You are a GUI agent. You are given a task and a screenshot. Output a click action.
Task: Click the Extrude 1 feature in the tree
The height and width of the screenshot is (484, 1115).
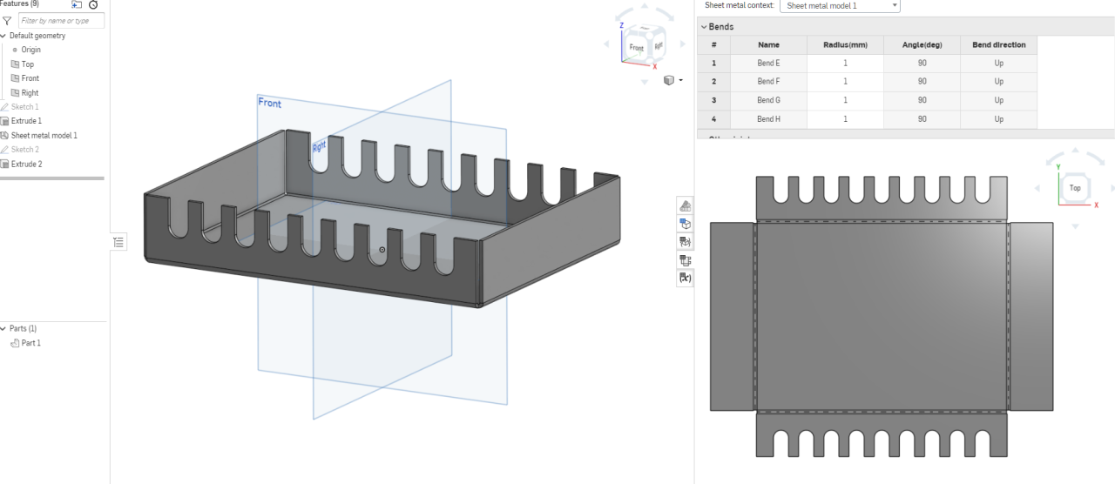[x=26, y=121]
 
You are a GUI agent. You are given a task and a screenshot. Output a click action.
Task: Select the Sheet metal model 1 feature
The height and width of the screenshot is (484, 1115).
[x=44, y=136]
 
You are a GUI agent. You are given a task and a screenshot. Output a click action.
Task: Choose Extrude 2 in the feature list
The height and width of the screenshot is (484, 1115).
[x=26, y=164]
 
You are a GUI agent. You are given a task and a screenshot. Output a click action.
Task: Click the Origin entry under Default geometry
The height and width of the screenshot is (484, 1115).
[x=30, y=50]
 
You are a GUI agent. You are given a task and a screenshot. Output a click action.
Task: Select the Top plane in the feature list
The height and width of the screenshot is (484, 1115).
[x=28, y=64]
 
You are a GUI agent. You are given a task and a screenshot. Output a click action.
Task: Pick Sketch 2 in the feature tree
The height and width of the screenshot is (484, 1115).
[x=24, y=150]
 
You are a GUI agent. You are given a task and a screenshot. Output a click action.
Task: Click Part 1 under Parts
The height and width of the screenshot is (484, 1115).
[x=30, y=343]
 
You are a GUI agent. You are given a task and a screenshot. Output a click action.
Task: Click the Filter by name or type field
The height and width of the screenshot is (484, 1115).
[x=61, y=20]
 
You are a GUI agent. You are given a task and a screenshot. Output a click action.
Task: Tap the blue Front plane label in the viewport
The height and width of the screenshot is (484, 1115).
[x=270, y=103]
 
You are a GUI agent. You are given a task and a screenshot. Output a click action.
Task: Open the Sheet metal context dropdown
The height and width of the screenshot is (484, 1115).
[x=840, y=6]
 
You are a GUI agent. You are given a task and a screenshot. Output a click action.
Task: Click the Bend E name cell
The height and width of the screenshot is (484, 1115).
[x=768, y=64]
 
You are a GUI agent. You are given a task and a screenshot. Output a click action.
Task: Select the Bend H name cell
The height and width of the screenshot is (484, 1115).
[x=768, y=119]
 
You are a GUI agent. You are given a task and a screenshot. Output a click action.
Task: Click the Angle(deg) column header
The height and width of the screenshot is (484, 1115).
[x=922, y=44]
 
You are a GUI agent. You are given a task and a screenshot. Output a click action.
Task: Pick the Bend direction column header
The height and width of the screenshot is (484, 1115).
[x=998, y=44]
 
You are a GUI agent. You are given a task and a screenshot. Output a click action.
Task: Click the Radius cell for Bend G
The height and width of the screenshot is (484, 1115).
[x=845, y=100]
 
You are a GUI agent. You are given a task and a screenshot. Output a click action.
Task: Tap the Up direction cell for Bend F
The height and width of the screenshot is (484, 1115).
[x=998, y=82]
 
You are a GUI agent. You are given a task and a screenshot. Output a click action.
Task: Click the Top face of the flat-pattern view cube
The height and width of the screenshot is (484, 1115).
[x=1075, y=188]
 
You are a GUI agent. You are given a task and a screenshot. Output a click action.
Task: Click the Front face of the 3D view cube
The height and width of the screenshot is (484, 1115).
[x=637, y=48]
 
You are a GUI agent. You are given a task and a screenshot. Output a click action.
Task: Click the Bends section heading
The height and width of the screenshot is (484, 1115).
[x=721, y=27]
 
